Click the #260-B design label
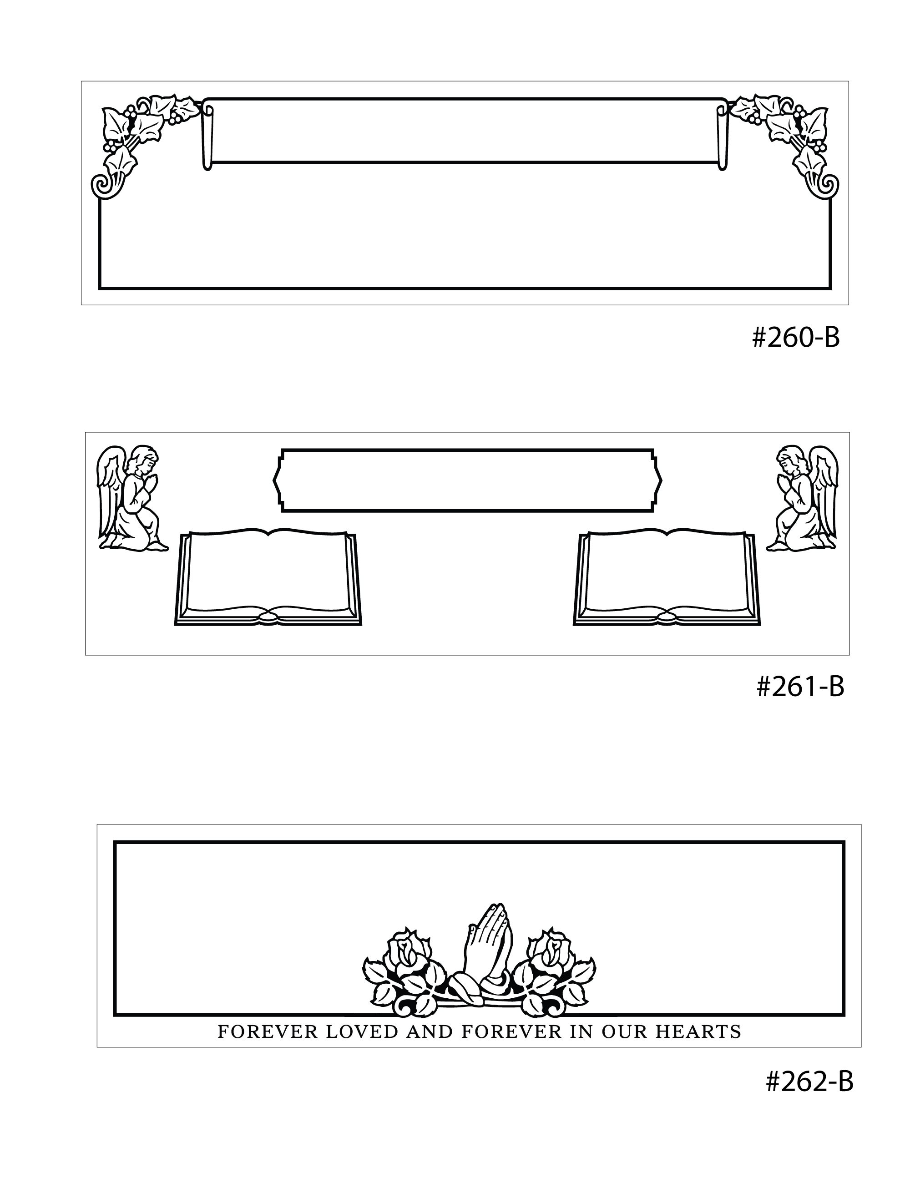click(796, 338)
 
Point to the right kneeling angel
click(802, 498)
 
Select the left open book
click(268, 578)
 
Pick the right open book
click(666, 578)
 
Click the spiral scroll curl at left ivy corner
click(103, 185)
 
